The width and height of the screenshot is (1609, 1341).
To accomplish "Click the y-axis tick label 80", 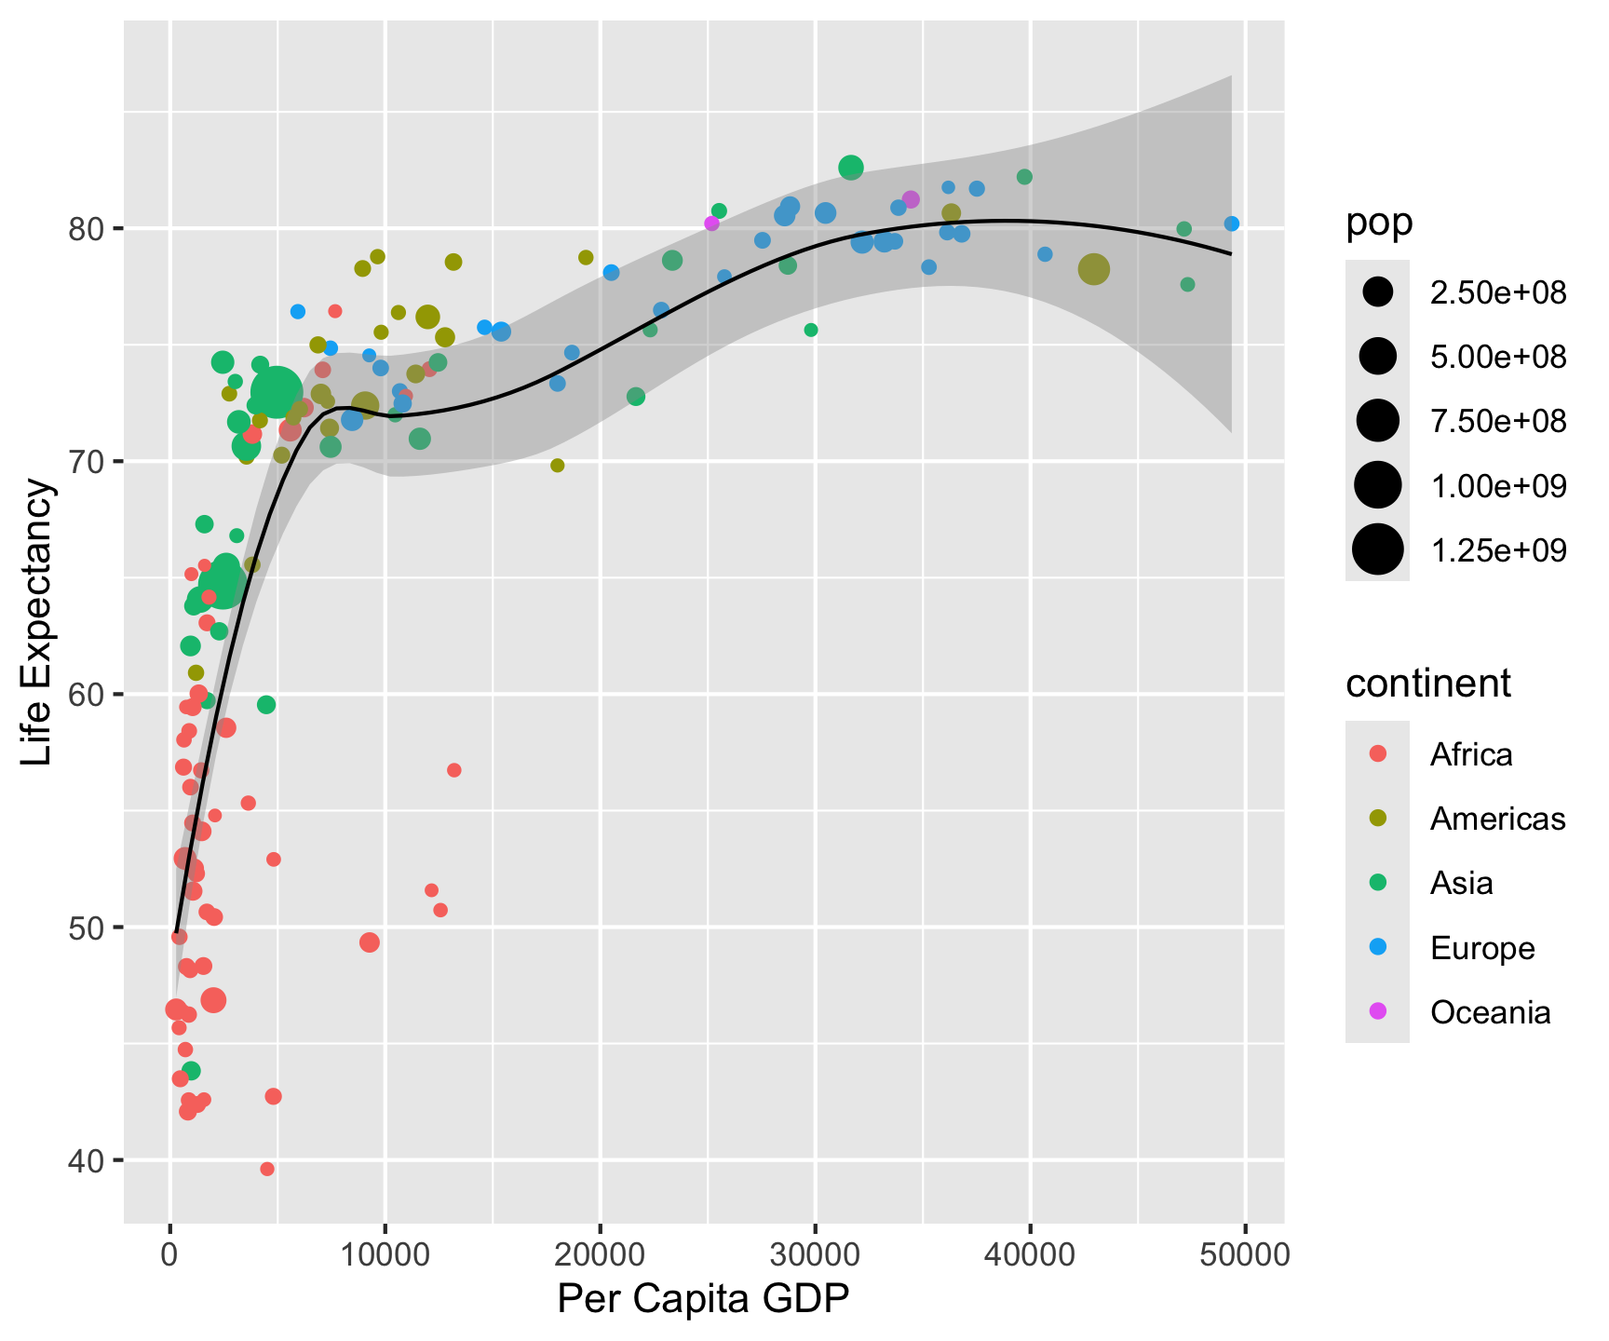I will pyautogui.click(x=87, y=229).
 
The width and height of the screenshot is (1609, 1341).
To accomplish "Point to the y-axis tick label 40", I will pyautogui.click(x=87, y=1160).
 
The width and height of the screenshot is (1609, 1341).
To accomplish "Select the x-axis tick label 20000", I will pyautogui.click(x=600, y=1254).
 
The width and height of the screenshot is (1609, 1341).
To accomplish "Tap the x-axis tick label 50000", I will pyautogui.click(x=1246, y=1254).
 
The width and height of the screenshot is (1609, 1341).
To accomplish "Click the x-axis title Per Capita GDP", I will pyautogui.click(x=703, y=1300).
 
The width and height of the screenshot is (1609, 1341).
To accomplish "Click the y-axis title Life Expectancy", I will pyautogui.click(x=38, y=622).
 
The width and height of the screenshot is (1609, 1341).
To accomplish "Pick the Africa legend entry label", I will pyautogui.click(x=1471, y=754).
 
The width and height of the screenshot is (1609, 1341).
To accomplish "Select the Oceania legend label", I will pyautogui.click(x=1490, y=1012).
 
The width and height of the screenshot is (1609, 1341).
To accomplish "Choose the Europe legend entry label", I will pyautogui.click(x=1482, y=948).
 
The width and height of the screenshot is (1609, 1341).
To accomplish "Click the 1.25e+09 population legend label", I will pyautogui.click(x=1498, y=550).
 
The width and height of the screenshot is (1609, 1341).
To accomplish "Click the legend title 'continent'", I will pyautogui.click(x=1427, y=684).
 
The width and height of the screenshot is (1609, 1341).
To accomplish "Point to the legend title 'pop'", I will pyautogui.click(x=1379, y=223).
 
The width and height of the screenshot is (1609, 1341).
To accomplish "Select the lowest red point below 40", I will pyautogui.click(x=267, y=1169).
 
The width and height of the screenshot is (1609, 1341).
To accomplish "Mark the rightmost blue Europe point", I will pyautogui.click(x=1232, y=223).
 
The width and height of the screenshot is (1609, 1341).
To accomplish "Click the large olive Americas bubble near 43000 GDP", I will pyautogui.click(x=1094, y=269).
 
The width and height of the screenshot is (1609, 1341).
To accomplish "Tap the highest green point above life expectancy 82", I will pyautogui.click(x=851, y=168).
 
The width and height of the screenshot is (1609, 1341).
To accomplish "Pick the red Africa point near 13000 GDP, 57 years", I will pyautogui.click(x=454, y=770).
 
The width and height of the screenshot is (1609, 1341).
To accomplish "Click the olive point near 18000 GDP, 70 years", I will pyautogui.click(x=558, y=466).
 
